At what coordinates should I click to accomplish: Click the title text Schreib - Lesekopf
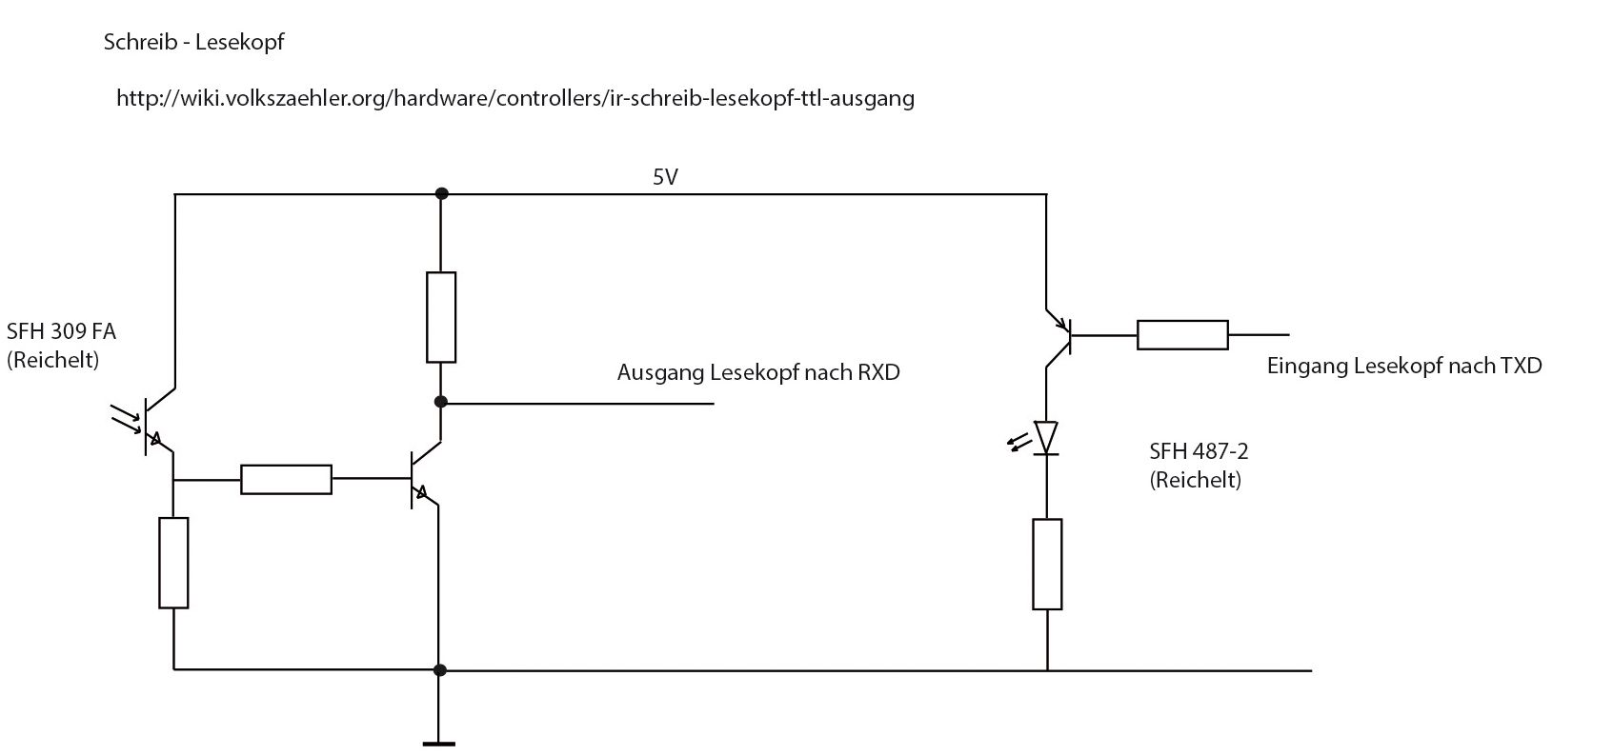pos(193,43)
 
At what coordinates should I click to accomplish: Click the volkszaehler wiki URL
pos(514,98)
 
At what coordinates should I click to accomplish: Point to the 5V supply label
pos(665,177)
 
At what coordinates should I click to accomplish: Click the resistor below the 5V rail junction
pos(440,317)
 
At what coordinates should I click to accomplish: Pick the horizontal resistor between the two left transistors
pos(286,479)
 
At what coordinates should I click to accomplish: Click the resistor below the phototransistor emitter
pos(173,563)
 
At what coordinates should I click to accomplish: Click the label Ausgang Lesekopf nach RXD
pos(758,372)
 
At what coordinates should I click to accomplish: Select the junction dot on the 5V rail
pos(440,193)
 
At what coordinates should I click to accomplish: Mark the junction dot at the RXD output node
pos(440,402)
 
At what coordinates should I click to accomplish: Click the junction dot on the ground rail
pos(439,670)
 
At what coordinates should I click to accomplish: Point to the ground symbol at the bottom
pos(438,744)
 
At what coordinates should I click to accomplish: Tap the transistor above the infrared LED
pos(1059,336)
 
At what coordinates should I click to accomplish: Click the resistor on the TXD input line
pos(1182,335)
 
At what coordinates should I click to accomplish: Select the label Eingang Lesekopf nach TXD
pos(1404,366)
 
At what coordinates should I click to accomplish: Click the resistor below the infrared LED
pos(1047,564)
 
